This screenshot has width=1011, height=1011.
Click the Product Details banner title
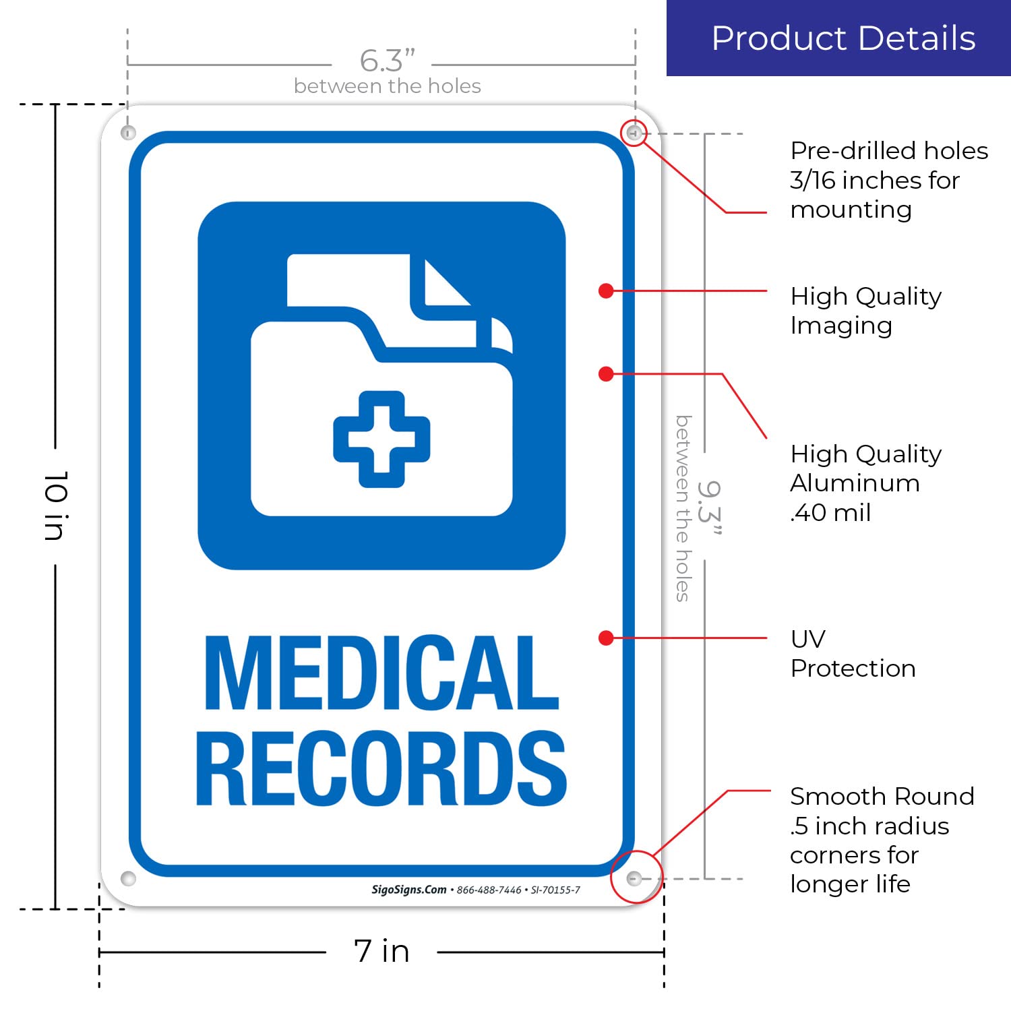pos(843,38)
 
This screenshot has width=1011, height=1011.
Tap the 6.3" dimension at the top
pos(387,61)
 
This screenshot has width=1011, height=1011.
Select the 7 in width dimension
pos(381,951)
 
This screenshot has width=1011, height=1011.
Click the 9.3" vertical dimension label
pos(709,507)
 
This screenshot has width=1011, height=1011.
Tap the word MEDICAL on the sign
pos(381,673)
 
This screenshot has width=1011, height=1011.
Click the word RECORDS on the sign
pos(381,769)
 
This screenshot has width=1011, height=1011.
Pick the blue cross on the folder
pos(381,439)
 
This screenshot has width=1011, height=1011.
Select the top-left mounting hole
pos(128,132)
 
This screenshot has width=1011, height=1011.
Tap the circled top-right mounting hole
pos(633,133)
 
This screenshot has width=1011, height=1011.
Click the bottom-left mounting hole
pos(128,878)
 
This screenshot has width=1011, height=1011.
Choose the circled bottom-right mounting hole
pos(634,878)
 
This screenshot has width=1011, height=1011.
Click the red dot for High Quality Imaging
pos(606,290)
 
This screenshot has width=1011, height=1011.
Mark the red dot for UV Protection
pos(606,638)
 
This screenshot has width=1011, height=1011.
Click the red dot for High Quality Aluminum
pos(606,373)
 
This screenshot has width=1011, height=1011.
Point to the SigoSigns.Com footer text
pos(409,890)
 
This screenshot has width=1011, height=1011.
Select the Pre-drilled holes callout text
pos(888,180)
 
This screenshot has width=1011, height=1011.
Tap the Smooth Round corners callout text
pos(882,840)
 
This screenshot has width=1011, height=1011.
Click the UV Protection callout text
pos(853,653)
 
